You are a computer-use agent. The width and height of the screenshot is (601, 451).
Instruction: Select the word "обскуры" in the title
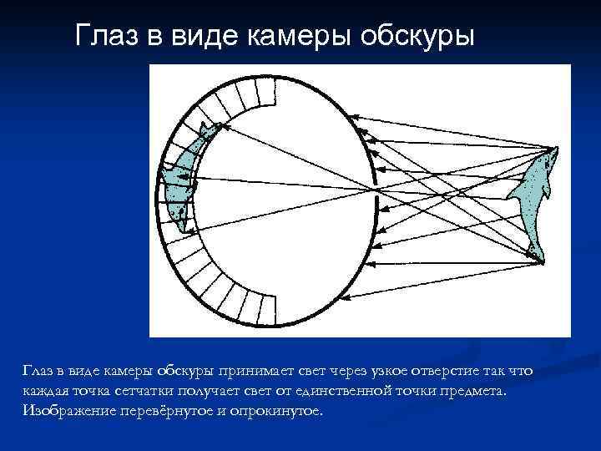click(x=415, y=36)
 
